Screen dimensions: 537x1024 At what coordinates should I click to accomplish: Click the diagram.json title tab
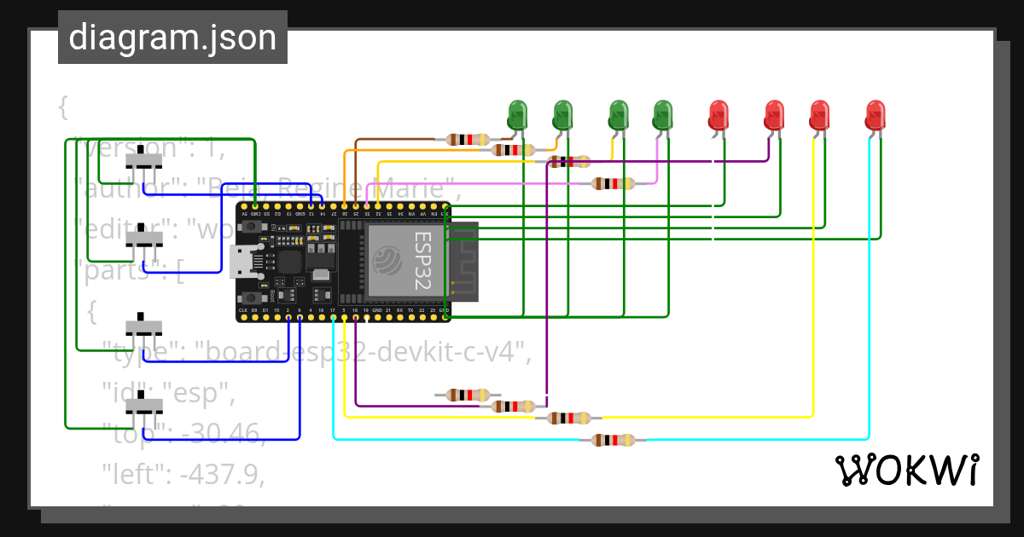[172, 38]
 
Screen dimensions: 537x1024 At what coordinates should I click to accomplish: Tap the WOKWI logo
[906, 470]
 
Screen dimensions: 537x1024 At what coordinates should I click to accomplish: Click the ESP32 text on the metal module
[422, 261]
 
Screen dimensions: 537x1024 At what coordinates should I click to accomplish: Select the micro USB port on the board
[239, 262]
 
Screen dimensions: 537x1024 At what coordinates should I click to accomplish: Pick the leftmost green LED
[517, 115]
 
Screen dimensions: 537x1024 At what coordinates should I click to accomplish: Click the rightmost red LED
[876, 115]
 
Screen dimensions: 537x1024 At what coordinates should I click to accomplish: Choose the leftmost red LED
[719, 115]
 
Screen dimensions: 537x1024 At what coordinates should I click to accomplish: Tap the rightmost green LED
[662, 115]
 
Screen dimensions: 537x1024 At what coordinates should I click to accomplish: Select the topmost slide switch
[144, 160]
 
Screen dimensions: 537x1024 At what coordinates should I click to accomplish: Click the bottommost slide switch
[144, 407]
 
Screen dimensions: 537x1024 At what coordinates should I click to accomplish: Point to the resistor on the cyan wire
[614, 440]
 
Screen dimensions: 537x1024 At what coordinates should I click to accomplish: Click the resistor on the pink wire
[614, 183]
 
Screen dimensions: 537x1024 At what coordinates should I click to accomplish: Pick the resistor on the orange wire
[513, 150]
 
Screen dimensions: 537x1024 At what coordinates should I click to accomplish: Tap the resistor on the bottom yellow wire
[568, 418]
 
